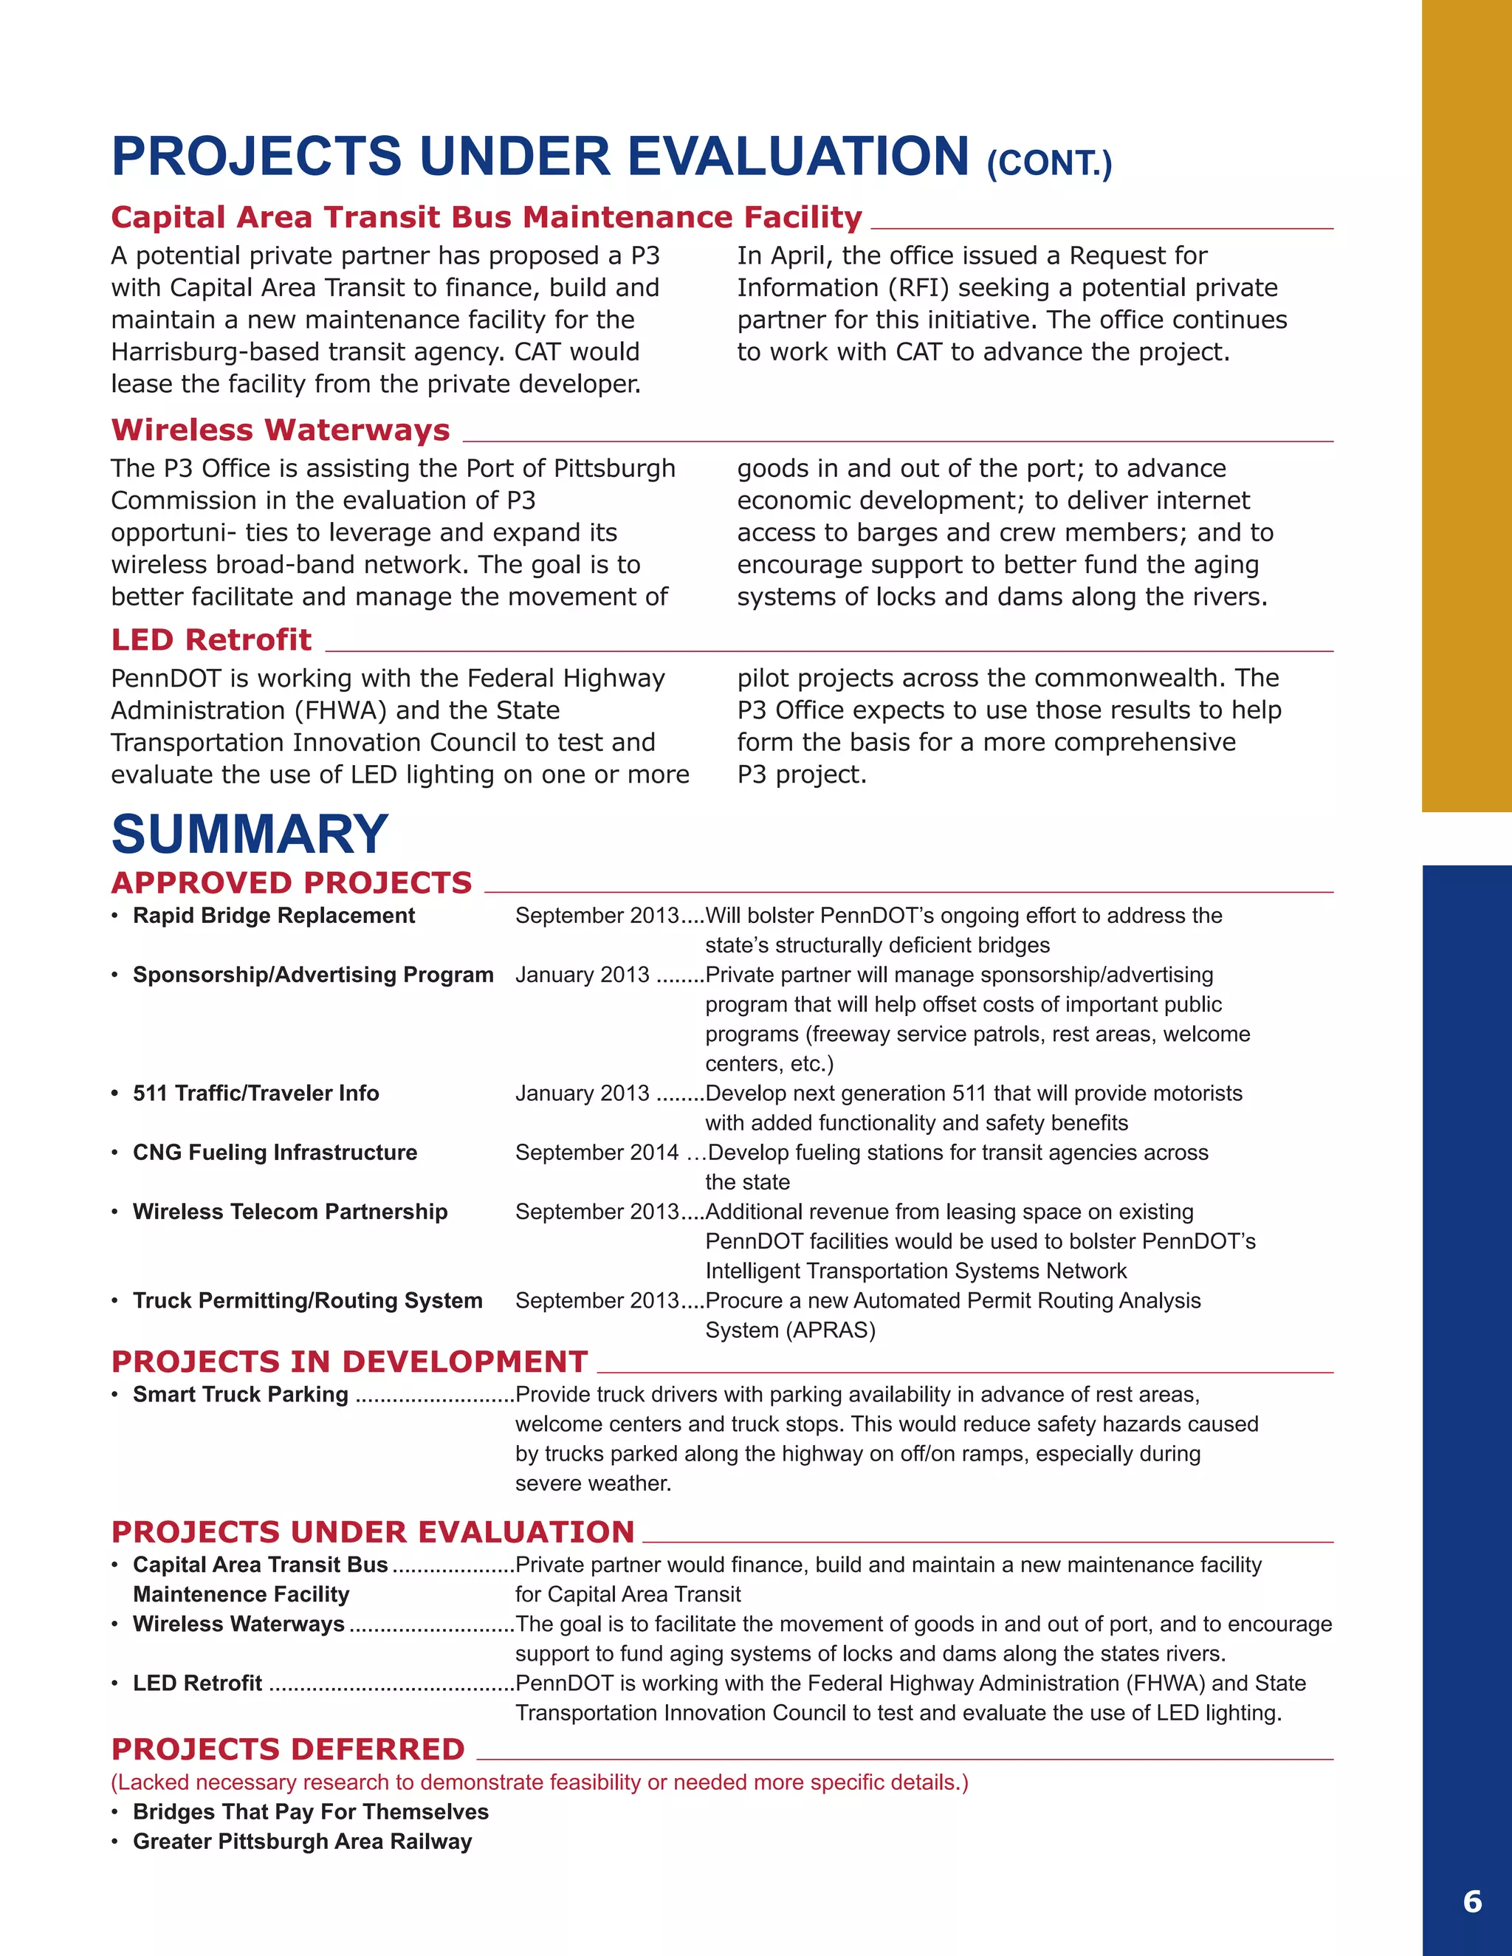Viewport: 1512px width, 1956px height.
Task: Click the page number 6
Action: [1471, 1901]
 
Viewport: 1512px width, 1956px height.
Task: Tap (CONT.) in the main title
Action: [1049, 164]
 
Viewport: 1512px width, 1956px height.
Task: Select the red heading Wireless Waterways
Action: [281, 430]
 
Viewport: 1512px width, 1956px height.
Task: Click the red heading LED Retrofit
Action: [211, 639]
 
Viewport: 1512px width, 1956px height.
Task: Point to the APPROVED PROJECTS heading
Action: [291, 883]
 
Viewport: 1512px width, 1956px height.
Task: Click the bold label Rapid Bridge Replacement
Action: [273, 916]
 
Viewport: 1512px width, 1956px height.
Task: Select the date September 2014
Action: [597, 1153]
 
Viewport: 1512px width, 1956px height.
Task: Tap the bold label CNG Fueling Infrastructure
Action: [274, 1153]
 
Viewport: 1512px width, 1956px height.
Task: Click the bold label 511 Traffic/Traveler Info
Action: [255, 1094]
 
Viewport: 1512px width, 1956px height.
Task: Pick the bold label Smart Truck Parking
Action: [240, 1395]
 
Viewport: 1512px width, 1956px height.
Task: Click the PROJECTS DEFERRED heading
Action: [287, 1749]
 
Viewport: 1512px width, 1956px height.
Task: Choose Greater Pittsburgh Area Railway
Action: [302, 1842]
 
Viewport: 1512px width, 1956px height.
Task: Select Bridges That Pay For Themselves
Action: [310, 1812]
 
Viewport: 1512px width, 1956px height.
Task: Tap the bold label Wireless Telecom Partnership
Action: [289, 1212]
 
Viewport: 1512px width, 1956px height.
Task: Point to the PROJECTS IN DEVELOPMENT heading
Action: [349, 1362]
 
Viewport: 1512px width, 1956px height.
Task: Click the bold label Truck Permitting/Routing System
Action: [307, 1300]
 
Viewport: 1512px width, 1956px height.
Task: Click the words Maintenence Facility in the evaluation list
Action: [241, 1594]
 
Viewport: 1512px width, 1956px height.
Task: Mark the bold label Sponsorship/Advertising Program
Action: [312, 975]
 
